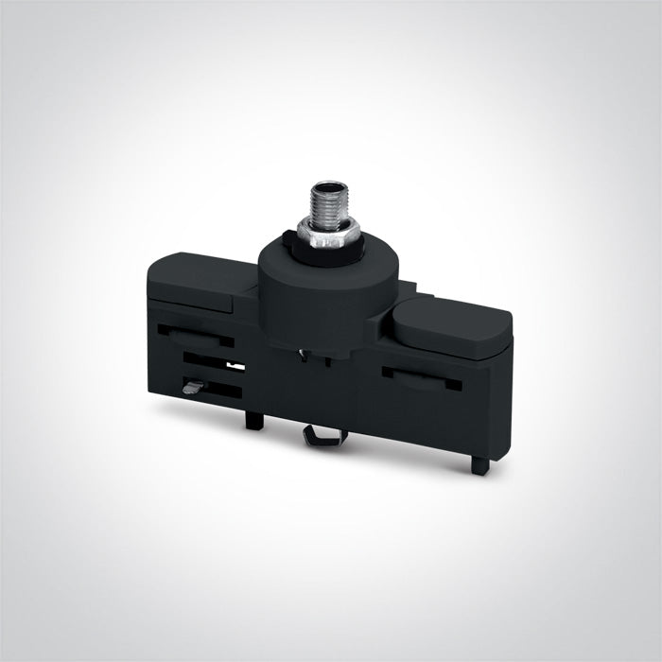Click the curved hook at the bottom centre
325,434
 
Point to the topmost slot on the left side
195,334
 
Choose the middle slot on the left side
213,361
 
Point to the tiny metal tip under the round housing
300,356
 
